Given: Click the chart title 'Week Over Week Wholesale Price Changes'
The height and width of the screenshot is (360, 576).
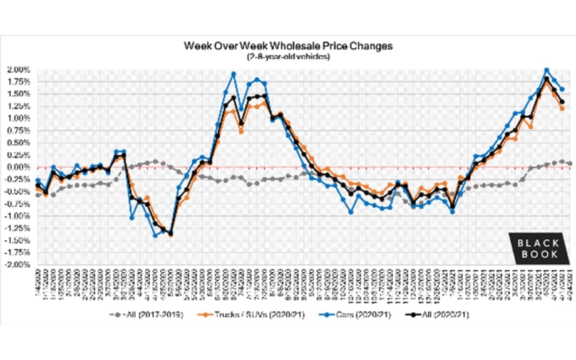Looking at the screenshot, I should click(x=287, y=46).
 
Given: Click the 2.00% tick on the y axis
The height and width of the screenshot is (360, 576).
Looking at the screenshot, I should click(x=18, y=69).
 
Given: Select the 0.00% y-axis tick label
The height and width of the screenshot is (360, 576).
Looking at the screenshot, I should click(x=18, y=167).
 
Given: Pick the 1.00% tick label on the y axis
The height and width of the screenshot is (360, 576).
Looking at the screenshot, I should click(x=18, y=118).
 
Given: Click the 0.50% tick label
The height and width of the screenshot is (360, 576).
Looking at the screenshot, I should click(x=18, y=143).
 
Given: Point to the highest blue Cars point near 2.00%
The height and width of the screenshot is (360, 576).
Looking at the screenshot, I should click(x=547, y=70).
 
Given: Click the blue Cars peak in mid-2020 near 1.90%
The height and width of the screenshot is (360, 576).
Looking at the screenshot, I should click(x=234, y=74).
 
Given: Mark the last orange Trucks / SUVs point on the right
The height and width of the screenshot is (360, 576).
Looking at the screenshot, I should click(x=562, y=108).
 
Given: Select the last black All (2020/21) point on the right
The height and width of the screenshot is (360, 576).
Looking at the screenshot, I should click(x=562, y=102).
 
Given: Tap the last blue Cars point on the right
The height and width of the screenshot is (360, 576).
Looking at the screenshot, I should click(x=562, y=90).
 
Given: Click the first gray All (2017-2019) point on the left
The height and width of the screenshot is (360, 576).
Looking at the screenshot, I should click(x=38, y=195).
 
